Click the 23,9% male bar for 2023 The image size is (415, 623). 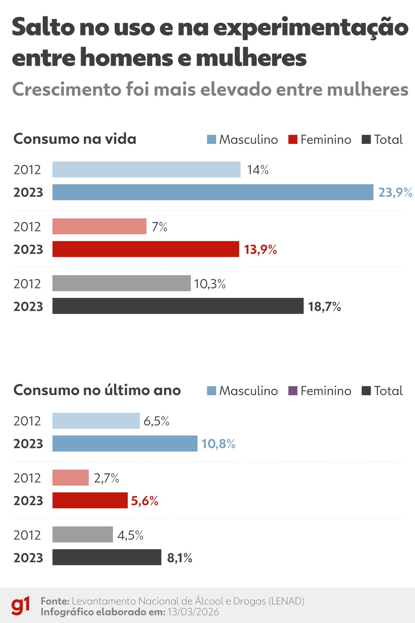click(x=213, y=192)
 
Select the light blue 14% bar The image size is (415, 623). click(x=146, y=170)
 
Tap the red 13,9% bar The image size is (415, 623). click(x=146, y=249)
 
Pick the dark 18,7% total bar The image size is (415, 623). click(x=178, y=306)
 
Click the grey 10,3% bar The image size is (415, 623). click(x=121, y=283)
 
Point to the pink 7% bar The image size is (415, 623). click(x=99, y=227)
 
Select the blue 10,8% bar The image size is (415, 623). click(x=125, y=444)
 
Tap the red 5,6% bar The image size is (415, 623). click(x=90, y=501)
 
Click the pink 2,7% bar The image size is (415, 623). click(x=70, y=478)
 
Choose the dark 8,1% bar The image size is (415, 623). click(x=107, y=558)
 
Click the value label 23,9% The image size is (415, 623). click(x=395, y=193)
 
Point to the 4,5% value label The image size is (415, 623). click(x=130, y=535)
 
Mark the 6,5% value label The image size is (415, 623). click(x=156, y=421)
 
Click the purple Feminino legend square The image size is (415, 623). click(x=293, y=391)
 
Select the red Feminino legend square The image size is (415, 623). click(x=293, y=140)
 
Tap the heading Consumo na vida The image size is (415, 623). click(x=75, y=139)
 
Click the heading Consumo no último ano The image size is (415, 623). click(x=97, y=390)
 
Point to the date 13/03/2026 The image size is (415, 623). click(x=193, y=612)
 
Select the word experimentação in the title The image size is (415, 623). click(x=311, y=28)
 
